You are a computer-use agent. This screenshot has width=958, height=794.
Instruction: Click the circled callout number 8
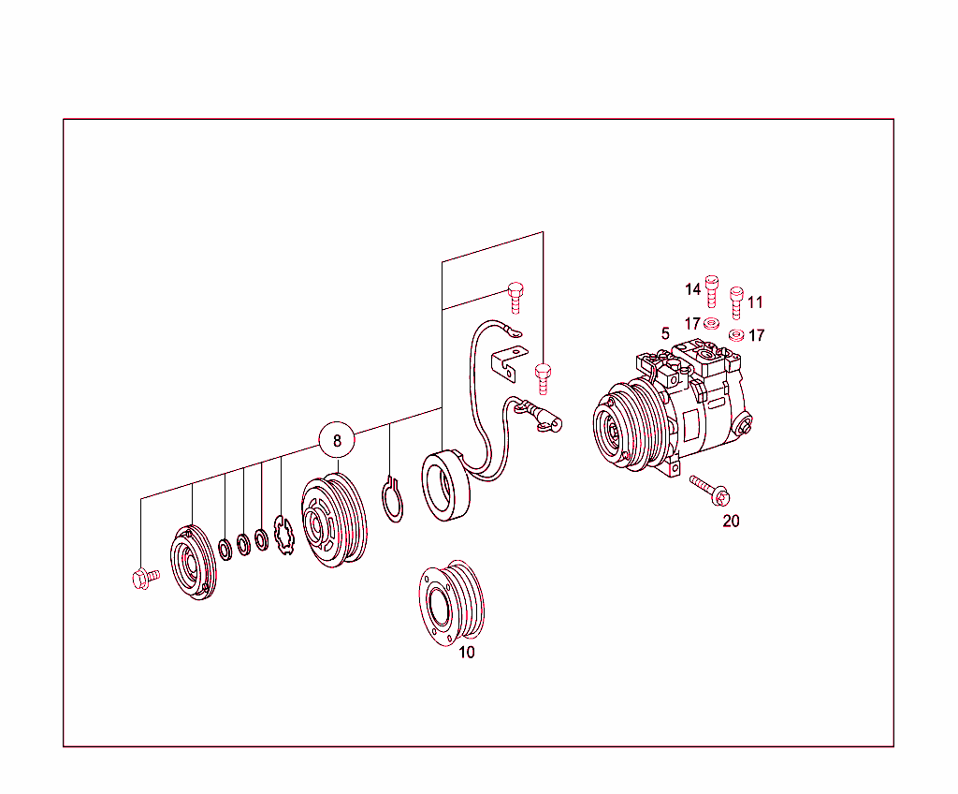[x=337, y=439]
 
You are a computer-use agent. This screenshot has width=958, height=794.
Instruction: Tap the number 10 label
[x=467, y=653]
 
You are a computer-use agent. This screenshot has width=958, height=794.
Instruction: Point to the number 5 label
[x=665, y=333]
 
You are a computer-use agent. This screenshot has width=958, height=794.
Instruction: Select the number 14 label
[x=692, y=289]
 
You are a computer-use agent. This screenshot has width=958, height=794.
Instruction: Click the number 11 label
[x=756, y=302]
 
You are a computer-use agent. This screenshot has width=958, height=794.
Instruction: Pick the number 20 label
[x=731, y=522]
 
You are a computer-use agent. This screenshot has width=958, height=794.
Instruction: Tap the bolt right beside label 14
[x=712, y=289]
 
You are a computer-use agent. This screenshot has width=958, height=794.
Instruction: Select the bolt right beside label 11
[x=736, y=301]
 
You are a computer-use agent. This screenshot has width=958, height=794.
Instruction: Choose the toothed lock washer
[x=283, y=535]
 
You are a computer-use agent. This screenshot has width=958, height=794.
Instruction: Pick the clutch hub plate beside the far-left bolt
[x=193, y=562]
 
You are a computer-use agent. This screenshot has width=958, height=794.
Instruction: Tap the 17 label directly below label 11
[x=756, y=335]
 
